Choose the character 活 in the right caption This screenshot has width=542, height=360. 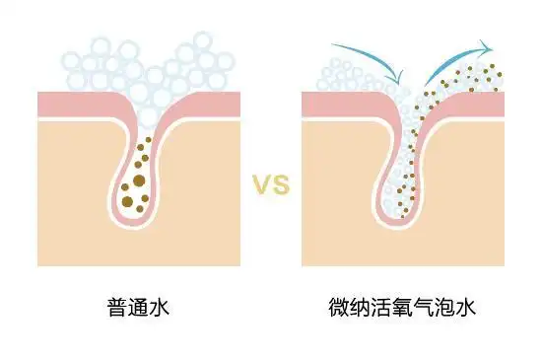point(381,307)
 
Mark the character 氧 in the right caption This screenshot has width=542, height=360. point(403,307)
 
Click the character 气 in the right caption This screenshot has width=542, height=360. point(425,307)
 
